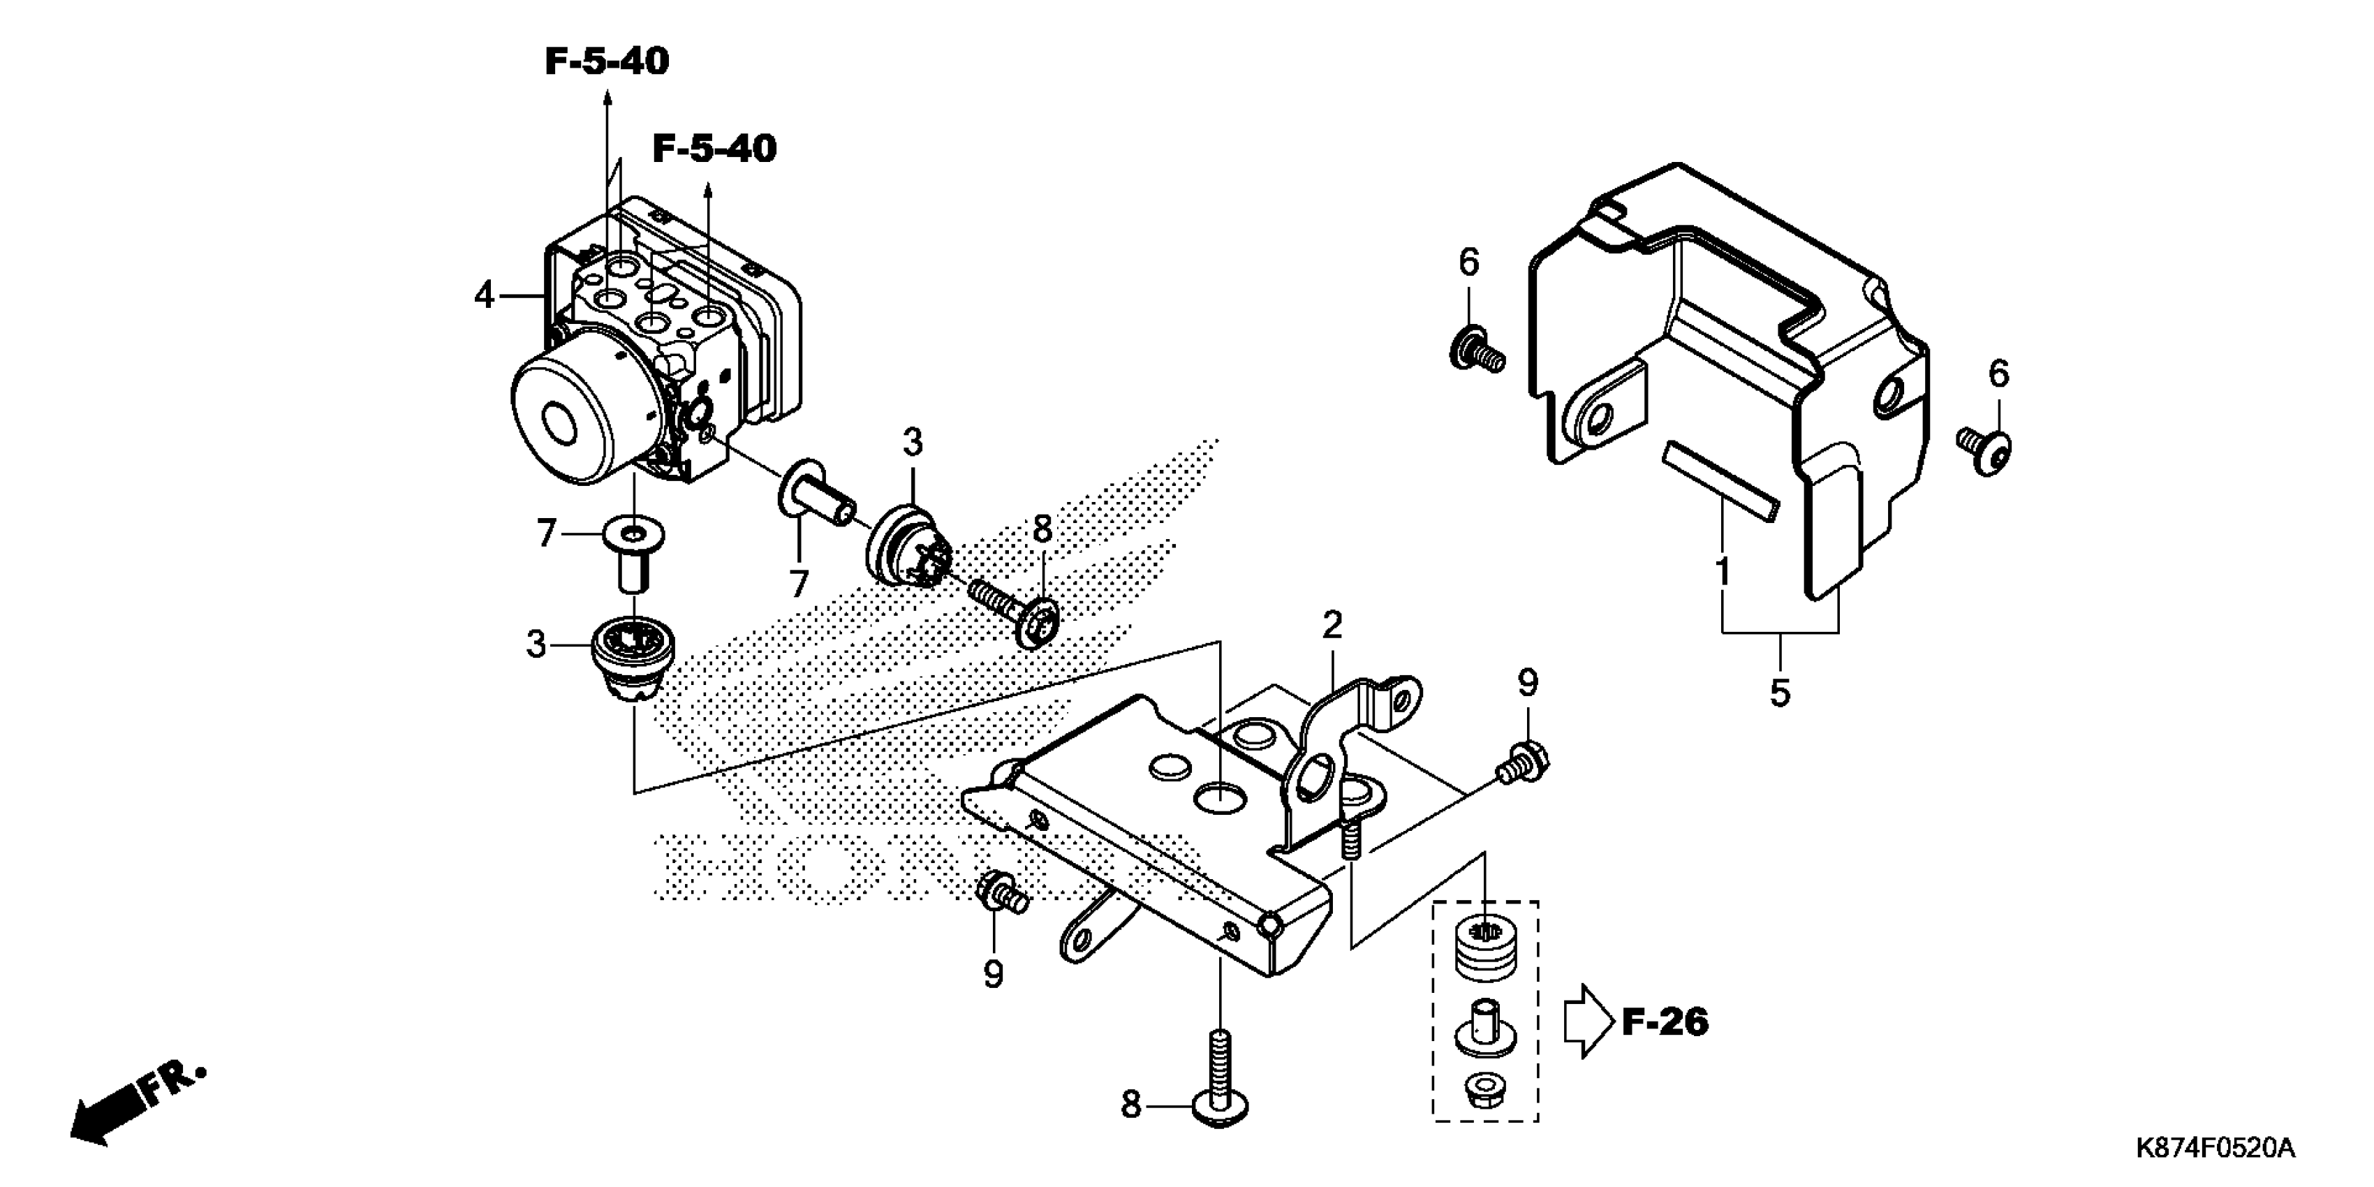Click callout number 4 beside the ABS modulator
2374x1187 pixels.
point(484,296)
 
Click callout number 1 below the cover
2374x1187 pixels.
point(1723,571)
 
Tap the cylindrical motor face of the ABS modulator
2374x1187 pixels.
point(560,422)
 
